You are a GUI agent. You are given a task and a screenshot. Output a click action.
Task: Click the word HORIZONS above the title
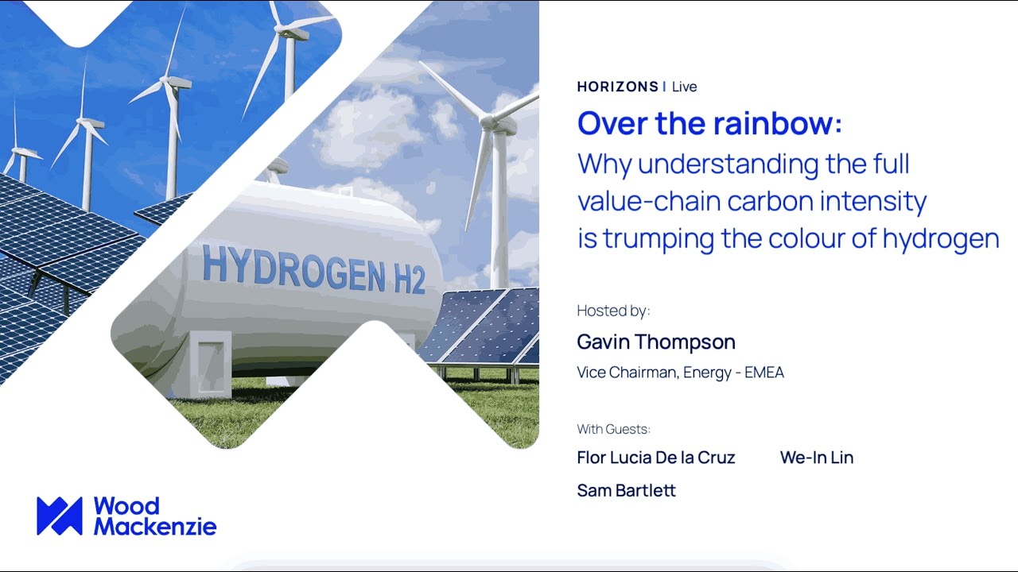coord(617,87)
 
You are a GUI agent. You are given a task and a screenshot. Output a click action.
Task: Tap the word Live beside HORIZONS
coord(684,87)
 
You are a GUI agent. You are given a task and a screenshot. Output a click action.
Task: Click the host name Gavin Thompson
coord(656,342)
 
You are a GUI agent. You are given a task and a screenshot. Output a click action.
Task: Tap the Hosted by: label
coord(613,311)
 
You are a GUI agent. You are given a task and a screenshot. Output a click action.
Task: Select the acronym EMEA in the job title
coord(764,373)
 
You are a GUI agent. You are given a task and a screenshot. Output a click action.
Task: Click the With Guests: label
coord(613,429)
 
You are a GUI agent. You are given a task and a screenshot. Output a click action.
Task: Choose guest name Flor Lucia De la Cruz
coord(656,458)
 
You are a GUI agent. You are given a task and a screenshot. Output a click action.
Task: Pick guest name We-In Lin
coord(817,458)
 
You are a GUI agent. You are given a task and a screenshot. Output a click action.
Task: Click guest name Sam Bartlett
coord(626,491)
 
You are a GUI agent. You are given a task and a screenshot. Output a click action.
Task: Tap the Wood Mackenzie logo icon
coord(60,516)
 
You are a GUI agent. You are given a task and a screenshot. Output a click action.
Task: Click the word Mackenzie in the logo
coord(155,526)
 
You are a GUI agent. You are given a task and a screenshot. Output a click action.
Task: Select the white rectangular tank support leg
coord(209,363)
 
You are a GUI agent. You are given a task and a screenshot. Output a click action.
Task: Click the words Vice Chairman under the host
coord(628,373)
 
